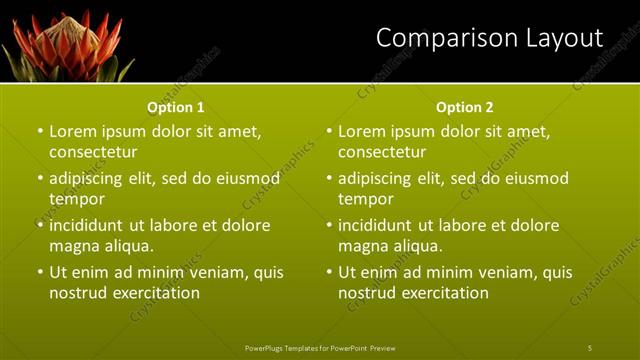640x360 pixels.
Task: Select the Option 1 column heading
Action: (176, 107)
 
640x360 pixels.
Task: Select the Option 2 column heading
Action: (465, 107)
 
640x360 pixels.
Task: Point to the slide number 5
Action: (590, 347)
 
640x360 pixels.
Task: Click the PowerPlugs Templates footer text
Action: (320, 347)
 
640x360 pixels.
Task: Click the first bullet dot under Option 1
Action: (40, 131)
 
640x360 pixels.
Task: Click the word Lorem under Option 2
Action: (362, 131)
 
